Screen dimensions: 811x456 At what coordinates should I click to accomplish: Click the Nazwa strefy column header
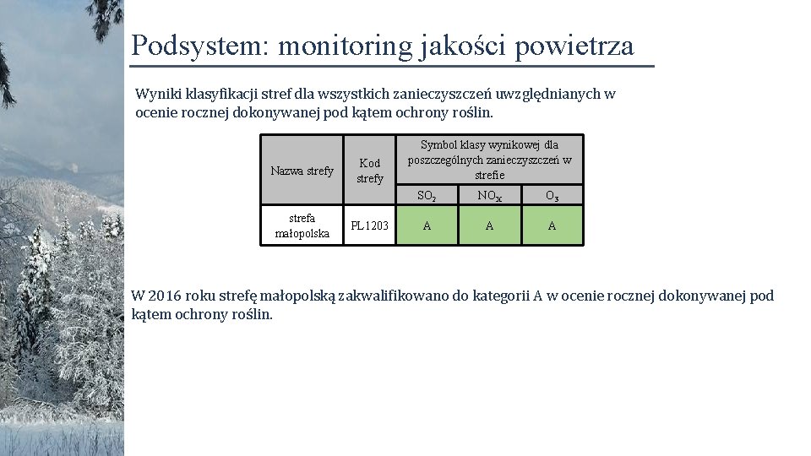(302, 171)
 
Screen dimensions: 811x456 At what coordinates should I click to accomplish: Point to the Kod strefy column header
(370, 171)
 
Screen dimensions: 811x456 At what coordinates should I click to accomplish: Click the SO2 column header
(427, 196)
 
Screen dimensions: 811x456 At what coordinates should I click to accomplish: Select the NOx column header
(489, 196)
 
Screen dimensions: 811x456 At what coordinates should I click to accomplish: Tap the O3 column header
(552, 196)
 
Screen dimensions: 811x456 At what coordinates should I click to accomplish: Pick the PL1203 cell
(370, 225)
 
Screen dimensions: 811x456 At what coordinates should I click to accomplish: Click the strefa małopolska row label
(302, 225)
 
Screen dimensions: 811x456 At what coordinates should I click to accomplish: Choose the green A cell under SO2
(427, 225)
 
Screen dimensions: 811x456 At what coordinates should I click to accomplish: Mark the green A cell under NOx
(489, 225)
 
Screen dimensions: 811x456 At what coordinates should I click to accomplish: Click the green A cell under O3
(552, 225)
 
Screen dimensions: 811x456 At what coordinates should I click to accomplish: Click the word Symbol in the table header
(438, 144)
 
